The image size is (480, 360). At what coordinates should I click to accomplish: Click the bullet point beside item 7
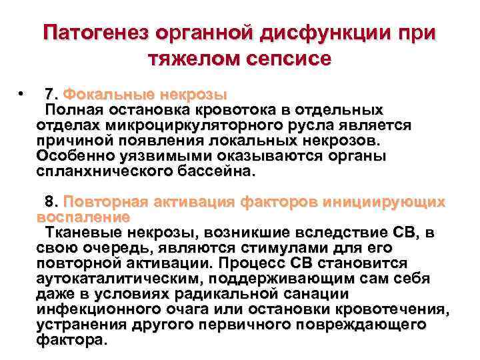coord(23,93)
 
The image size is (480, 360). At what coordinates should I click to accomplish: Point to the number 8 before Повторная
coord(49,201)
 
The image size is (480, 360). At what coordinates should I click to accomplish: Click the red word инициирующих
coord(385,201)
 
